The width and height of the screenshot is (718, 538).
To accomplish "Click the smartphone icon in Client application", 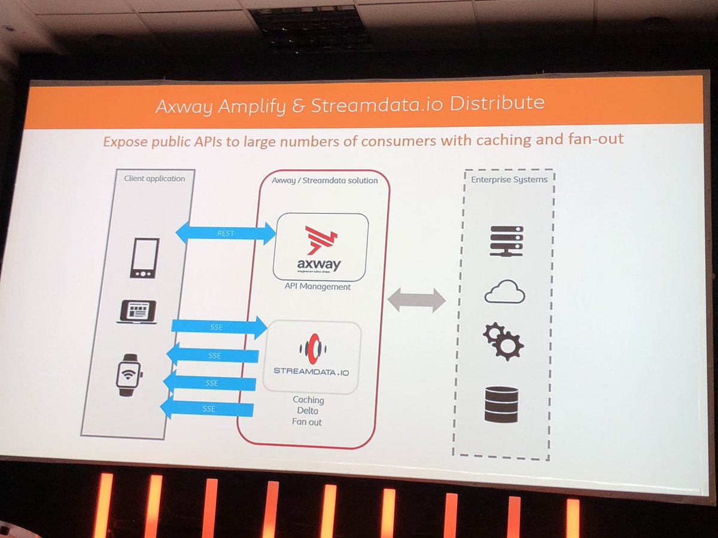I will point(144,258).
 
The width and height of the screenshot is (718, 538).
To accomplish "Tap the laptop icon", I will point(138,312).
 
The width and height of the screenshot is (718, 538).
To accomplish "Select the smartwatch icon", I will point(129,374).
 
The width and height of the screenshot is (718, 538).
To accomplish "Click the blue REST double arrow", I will point(225,233).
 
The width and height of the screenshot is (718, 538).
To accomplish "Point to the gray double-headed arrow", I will point(417,299).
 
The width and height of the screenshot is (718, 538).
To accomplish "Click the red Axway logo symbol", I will point(321,240).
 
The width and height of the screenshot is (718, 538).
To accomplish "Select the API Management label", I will point(318,287).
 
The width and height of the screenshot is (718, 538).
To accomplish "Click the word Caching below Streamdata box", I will point(308,399).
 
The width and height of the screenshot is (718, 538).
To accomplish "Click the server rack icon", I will point(506,241).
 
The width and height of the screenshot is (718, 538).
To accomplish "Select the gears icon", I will point(503,341).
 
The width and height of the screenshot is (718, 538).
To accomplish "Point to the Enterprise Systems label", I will point(509,179).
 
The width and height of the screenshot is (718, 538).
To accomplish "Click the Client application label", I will point(154,178).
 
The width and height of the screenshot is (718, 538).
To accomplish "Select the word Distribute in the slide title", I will point(497,103).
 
